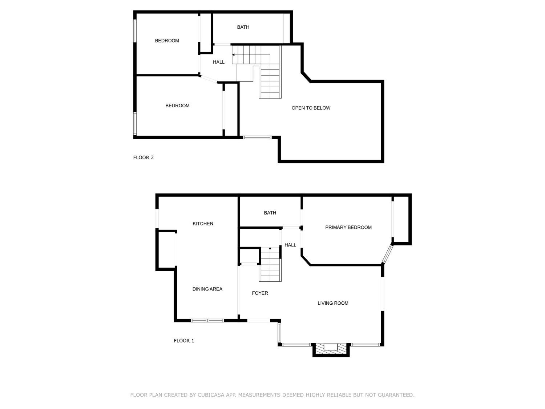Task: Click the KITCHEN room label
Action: [203, 224]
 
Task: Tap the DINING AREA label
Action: [207, 289]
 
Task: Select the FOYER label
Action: [260, 293]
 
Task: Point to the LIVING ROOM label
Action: [333, 303]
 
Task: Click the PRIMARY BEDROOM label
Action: [348, 228]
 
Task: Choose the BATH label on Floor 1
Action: [270, 213]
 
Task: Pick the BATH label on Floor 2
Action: [243, 27]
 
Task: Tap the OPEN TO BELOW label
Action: [311, 108]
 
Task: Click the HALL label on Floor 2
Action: [218, 62]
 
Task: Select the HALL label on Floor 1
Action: [290, 245]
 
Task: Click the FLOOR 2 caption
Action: [143, 158]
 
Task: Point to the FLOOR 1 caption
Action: [184, 341]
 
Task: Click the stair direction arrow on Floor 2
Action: [233, 55]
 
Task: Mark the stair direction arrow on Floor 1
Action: [270, 248]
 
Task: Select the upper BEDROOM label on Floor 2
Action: [167, 41]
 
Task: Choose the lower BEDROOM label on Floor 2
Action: [177, 106]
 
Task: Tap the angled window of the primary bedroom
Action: [387, 254]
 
